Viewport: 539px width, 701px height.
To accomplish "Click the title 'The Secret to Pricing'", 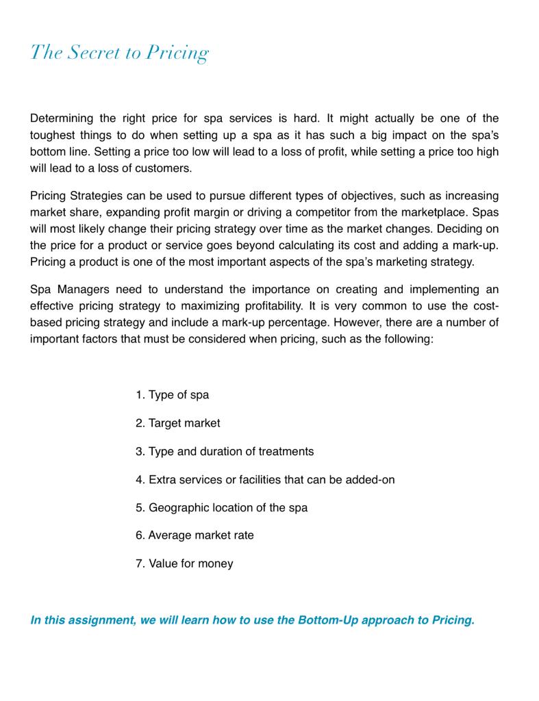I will click(x=119, y=53).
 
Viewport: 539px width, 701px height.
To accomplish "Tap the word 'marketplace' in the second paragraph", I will click(x=431, y=212).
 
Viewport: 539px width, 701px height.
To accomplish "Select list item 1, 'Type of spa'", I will click(x=172, y=395).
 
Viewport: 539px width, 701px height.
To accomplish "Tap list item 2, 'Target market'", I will click(x=177, y=423).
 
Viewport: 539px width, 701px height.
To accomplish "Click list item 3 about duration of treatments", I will click(x=224, y=451).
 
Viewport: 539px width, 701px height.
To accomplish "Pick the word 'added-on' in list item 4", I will click(x=371, y=479).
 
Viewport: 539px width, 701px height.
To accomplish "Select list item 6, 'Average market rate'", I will click(x=195, y=535).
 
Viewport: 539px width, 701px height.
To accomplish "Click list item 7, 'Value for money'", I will click(x=184, y=563).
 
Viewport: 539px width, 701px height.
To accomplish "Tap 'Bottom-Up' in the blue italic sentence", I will click(x=327, y=620).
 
